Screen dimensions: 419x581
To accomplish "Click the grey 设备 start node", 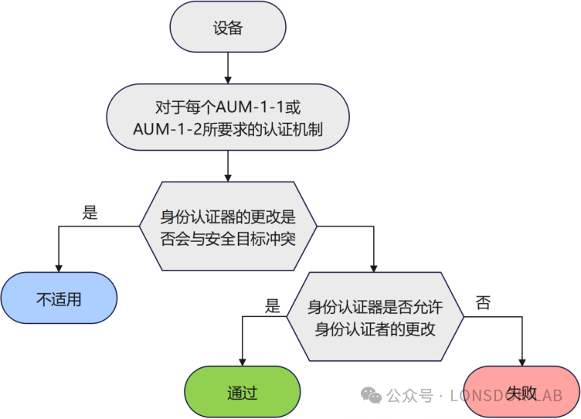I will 228,28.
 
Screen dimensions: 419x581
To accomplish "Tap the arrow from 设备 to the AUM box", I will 228,70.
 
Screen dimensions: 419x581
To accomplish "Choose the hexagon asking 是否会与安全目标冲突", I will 228,226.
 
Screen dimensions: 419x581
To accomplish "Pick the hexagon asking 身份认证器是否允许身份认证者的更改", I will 375,316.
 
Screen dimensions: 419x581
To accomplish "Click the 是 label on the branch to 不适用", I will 90,213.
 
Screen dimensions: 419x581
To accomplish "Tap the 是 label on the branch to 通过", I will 272,305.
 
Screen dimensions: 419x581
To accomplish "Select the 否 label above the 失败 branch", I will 483,303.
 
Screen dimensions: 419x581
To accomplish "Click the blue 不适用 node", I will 59,298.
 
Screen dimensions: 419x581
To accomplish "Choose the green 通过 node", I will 243,392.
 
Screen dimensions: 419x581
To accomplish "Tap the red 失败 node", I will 522,392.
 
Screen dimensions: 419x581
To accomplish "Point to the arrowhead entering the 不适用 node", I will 59,266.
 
